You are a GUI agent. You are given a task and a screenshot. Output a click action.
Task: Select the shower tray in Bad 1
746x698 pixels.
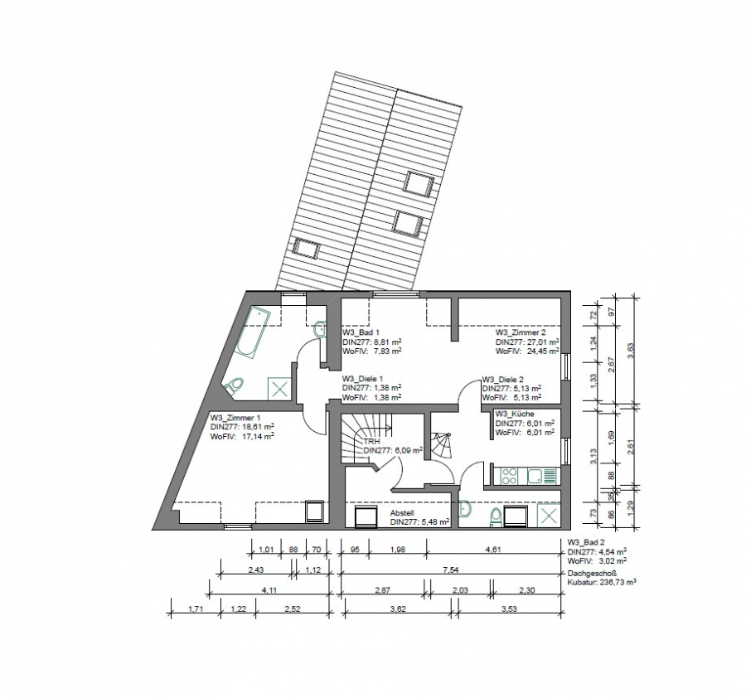point(278,387)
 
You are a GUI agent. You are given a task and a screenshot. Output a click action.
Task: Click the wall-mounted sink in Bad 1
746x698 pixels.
point(321,328)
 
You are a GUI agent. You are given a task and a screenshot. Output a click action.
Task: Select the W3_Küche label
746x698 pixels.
point(515,414)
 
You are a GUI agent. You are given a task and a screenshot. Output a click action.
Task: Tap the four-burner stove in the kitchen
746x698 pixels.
point(507,476)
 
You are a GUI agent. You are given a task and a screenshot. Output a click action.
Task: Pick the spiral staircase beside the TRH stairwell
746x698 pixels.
point(440,448)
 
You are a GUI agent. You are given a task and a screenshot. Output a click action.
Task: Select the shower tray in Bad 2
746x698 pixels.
point(547,515)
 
